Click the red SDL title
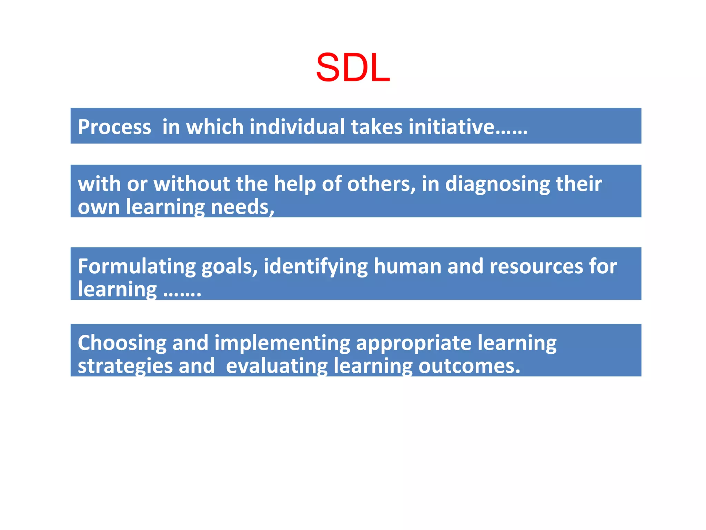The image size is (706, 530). (x=353, y=68)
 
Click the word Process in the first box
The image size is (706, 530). (x=114, y=127)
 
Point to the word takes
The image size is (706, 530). (x=377, y=127)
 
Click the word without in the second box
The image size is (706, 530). (x=192, y=184)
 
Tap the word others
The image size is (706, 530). (x=381, y=184)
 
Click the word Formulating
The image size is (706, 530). (x=137, y=267)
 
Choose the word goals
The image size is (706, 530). (x=229, y=267)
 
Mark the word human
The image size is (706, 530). (x=407, y=266)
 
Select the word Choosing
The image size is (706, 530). (x=122, y=344)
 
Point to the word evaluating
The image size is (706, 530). (x=277, y=366)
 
